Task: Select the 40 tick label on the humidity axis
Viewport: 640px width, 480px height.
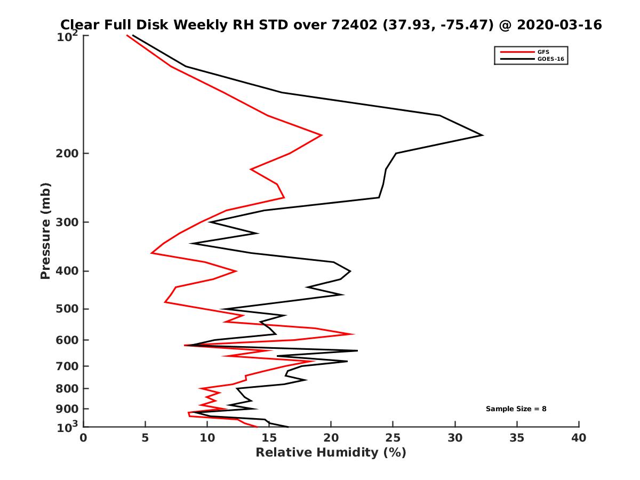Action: (579, 438)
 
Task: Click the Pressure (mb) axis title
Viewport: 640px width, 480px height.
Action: (45, 231)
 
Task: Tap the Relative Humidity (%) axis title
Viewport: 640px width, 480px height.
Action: (331, 453)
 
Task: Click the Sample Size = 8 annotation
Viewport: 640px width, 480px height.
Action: (516, 409)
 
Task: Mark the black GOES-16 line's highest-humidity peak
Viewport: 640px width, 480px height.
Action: (483, 135)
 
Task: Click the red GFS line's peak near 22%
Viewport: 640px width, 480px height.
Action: (354, 334)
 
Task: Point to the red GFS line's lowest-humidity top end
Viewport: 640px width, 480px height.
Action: (127, 36)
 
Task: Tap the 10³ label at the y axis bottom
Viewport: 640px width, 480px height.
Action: (68, 426)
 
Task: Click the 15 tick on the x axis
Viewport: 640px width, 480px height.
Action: (269, 438)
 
